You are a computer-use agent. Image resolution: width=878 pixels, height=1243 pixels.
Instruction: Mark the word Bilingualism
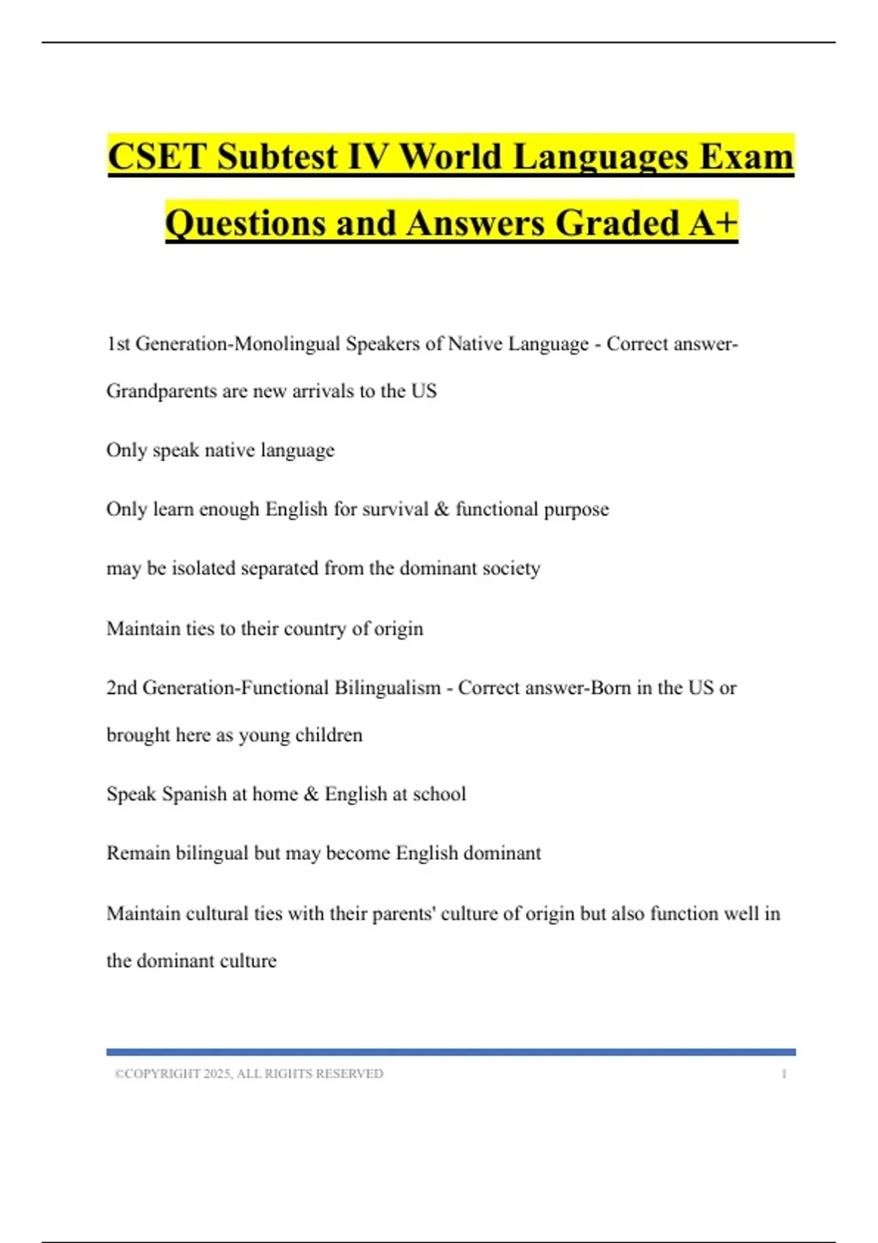pyautogui.click(x=388, y=688)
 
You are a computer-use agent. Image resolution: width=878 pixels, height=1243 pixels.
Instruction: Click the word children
pyautogui.click(x=329, y=735)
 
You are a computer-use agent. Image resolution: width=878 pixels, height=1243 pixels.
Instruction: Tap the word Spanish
pyautogui.click(x=194, y=794)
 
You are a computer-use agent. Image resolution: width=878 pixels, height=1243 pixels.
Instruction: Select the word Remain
pyautogui.click(x=138, y=853)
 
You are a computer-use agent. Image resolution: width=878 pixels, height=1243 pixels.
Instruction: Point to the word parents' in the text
pyautogui.click(x=404, y=913)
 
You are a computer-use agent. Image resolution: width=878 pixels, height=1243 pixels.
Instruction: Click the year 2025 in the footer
pyautogui.click(x=217, y=1073)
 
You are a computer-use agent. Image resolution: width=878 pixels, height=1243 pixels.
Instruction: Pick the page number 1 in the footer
pyautogui.click(x=784, y=1073)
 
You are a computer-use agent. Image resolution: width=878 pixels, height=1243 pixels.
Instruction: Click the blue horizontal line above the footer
pyautogui.click(x=451, y=1052)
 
